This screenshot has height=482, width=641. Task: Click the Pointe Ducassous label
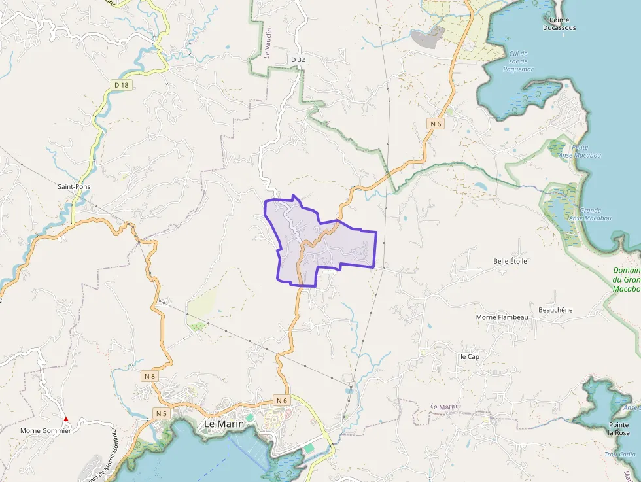(559, 24)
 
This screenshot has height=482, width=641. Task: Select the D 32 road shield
(298, 60)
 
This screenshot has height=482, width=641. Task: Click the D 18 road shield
(120, 85)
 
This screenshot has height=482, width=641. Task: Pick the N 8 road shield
(149, 376)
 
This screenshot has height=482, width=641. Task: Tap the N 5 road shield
(161, 413)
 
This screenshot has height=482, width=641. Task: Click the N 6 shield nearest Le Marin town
(282, 400)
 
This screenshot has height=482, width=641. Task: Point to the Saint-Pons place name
(74, 187)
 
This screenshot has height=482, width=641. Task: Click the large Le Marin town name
(224, 424)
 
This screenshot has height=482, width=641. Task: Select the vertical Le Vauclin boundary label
(268, 43)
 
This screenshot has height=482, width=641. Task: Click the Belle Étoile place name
(510, 261)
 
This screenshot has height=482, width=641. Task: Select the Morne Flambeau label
(502, 317)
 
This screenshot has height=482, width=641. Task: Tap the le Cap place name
(470, 356)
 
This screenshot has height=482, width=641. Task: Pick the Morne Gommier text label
(45, 430)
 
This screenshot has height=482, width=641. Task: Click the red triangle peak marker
(65, 419)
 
